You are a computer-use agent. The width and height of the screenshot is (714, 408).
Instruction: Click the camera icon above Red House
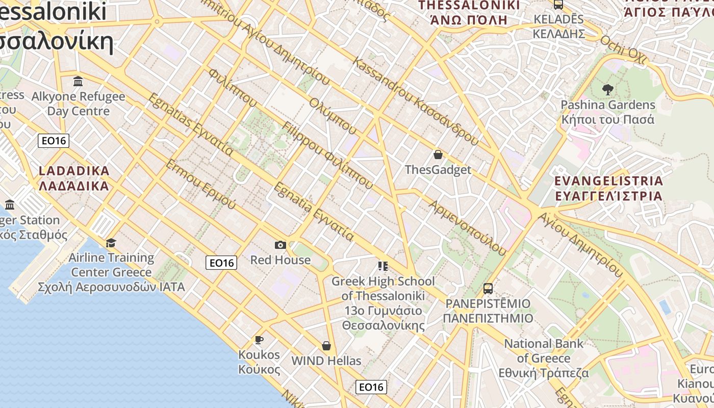pos(280,245)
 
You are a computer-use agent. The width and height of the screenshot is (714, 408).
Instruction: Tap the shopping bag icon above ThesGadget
pos(438,155)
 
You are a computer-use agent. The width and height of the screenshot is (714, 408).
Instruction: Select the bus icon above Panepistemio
pos(488,289)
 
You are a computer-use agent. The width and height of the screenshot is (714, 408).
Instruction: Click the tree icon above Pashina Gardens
pos(607,90)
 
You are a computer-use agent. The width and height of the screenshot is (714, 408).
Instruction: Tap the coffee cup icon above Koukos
pos(259,340)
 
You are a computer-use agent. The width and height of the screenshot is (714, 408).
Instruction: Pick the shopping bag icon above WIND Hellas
pos(326,346)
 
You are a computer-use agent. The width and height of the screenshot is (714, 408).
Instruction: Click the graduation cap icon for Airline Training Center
pos(111,243)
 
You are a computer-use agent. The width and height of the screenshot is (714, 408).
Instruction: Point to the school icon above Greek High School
pos(382,266)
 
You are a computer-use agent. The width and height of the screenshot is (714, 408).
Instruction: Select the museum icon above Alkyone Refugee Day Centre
pos(78,81)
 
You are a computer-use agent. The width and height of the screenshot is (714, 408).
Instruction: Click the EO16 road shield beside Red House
pos(221,263)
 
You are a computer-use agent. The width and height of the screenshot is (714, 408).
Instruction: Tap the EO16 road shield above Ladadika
pos(54,141)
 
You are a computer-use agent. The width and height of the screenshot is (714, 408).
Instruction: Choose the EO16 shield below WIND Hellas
pos(371,387)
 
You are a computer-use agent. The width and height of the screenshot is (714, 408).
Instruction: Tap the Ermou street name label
pos(201,184)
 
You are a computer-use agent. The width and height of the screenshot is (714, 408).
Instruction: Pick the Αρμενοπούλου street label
pos(468,227)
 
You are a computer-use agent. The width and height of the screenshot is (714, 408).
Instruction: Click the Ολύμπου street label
pos(332,116)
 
